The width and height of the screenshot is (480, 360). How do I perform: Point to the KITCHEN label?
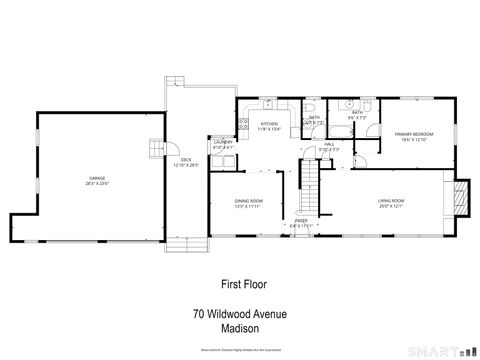(270, 124)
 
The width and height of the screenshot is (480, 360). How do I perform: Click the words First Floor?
(239, 283)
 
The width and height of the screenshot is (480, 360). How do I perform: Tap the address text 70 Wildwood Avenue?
(240, 313)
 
